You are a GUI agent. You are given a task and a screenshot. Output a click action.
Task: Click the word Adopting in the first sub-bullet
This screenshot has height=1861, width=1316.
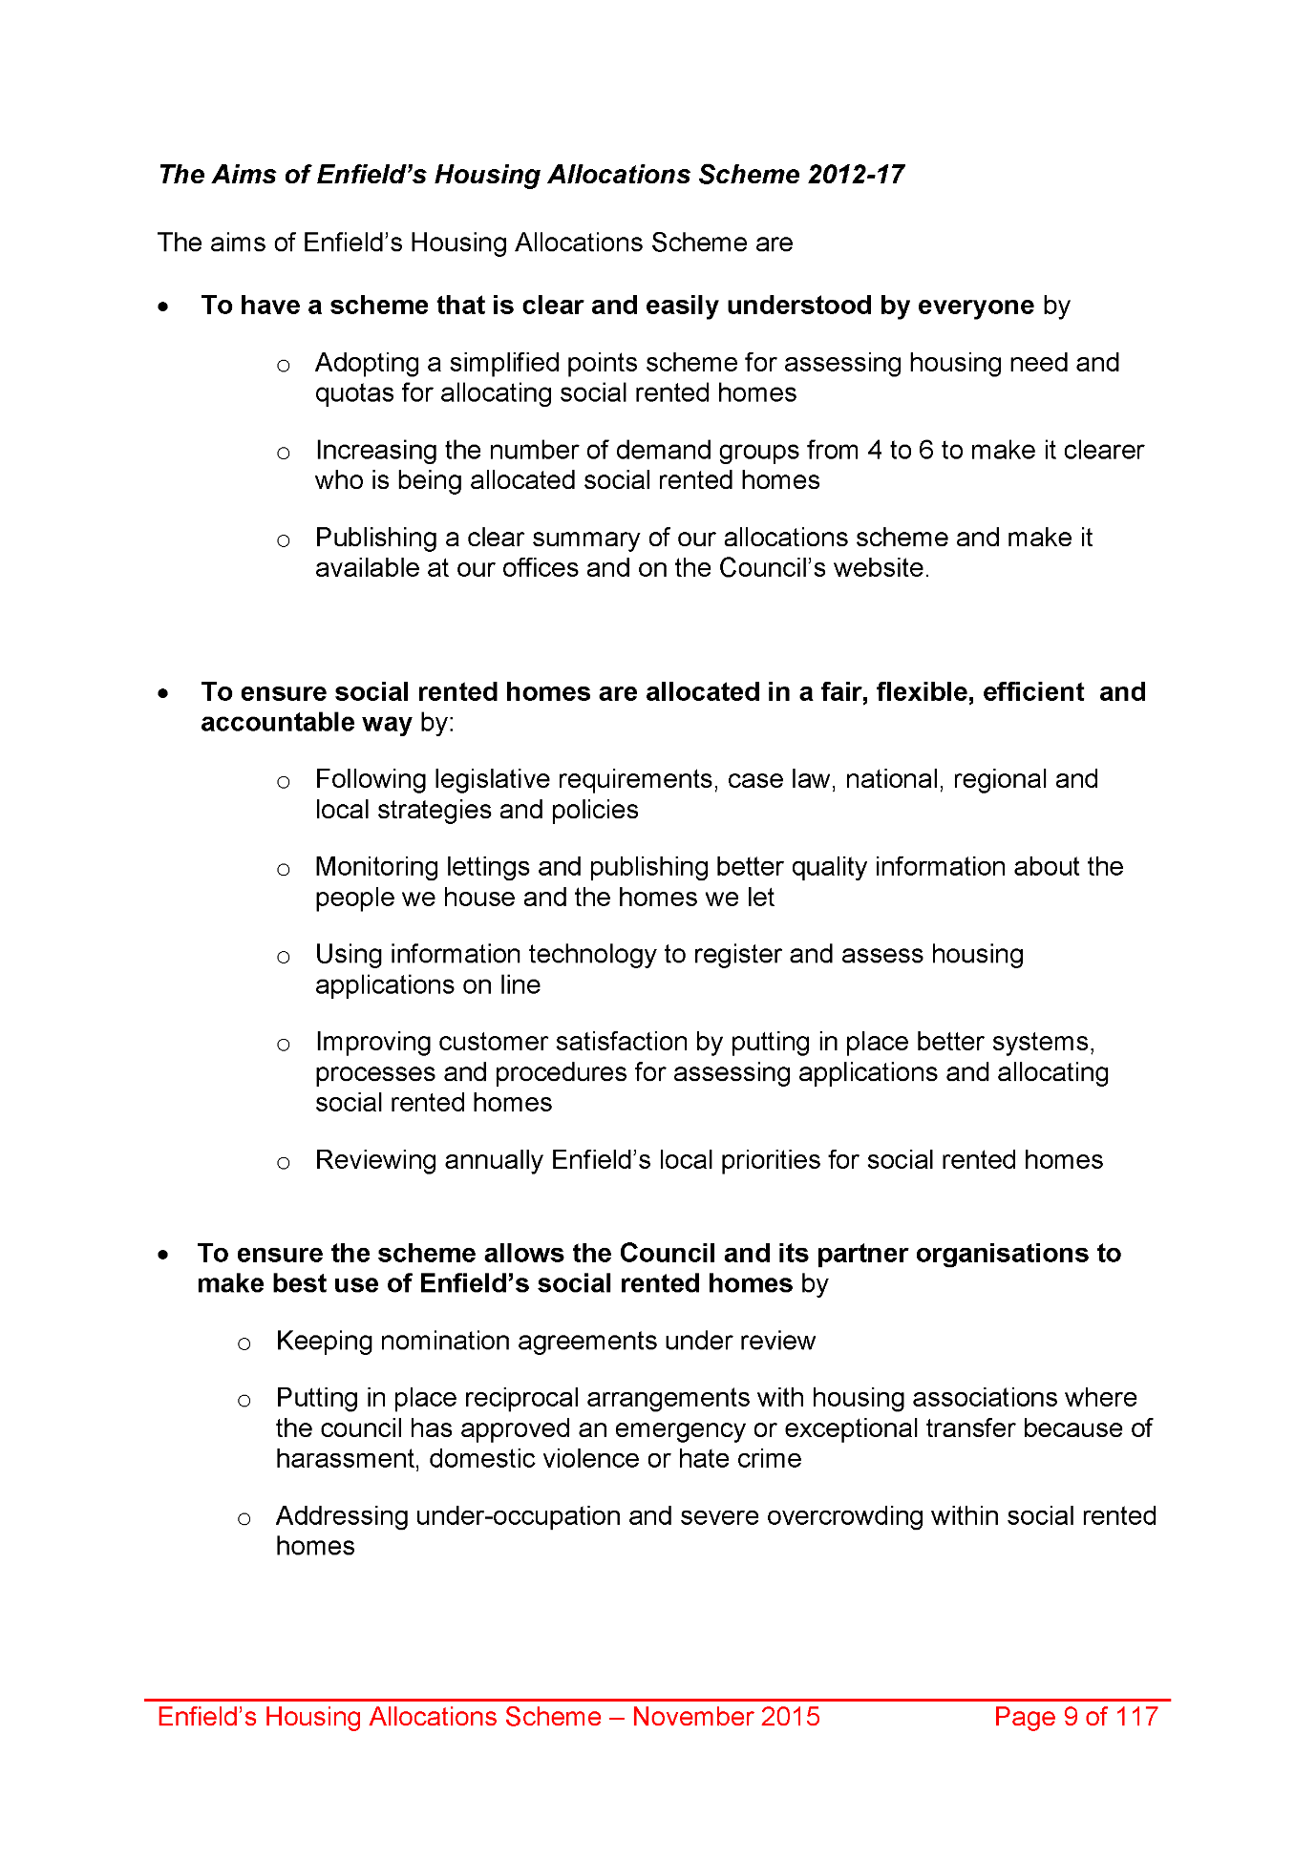click(367, 364)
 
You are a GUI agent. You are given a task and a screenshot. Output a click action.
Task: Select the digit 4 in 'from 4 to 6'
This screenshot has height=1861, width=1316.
click(874, 451)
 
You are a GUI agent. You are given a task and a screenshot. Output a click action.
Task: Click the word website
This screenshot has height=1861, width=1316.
click(878, 569)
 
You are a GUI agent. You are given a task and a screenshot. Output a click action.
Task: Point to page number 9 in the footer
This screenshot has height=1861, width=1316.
click(1071, 1717)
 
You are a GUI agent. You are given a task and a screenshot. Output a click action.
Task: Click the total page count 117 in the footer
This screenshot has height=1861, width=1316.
click(1136, 1717)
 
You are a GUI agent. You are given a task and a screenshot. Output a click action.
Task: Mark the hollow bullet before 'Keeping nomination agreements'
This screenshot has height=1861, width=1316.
click(244, 1344)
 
